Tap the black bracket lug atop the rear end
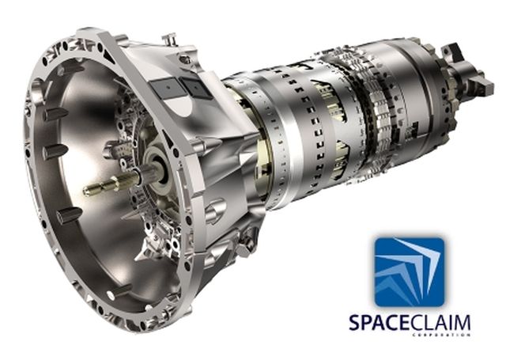452,52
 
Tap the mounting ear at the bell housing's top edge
168,39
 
